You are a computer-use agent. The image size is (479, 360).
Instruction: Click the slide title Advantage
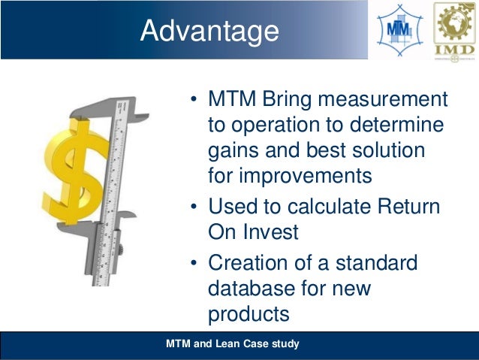[x=209, y=31]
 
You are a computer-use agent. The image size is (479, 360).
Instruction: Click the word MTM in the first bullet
[x=230, y=99]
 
